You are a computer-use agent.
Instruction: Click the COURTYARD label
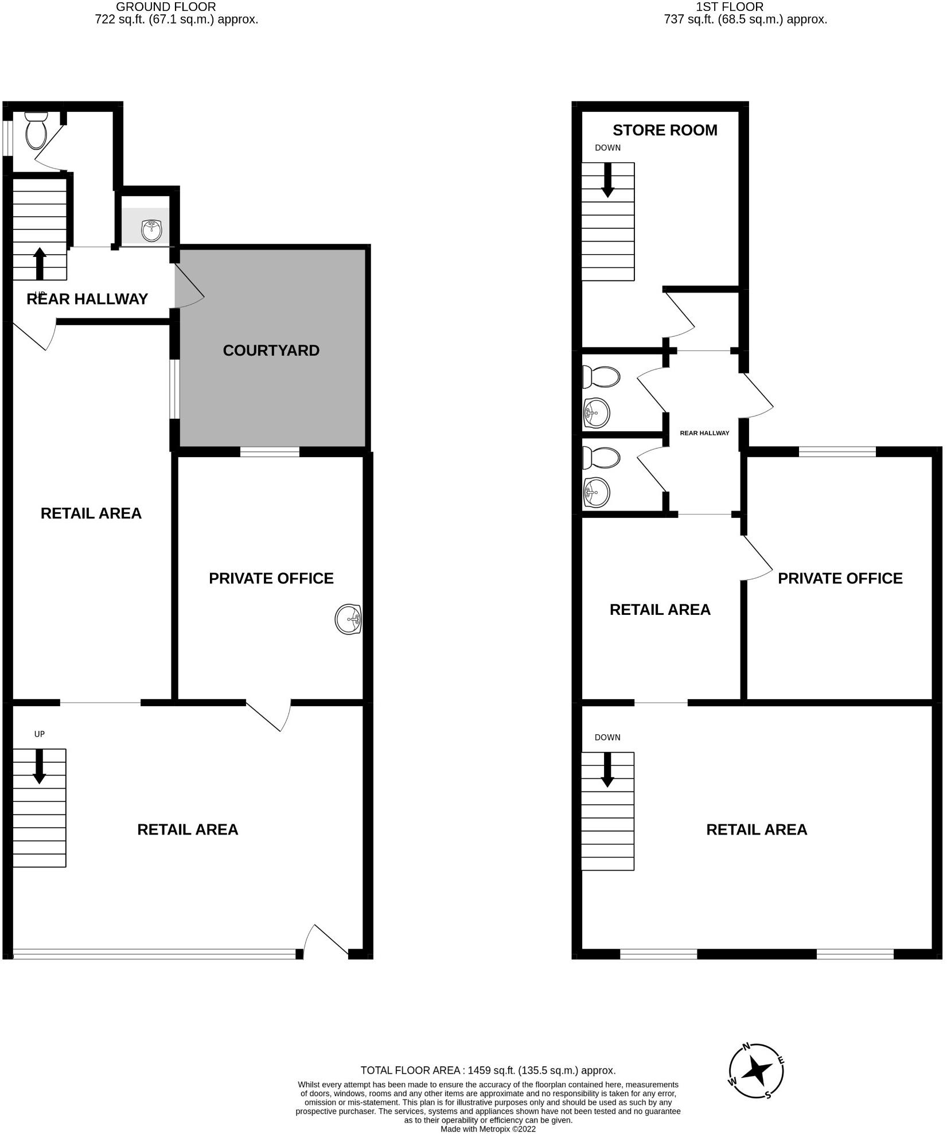coord(271,350)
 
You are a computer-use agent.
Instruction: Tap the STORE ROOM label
coord(665,130)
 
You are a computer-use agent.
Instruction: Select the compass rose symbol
coord(757,1070)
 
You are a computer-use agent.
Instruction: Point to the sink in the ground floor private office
coord(348,619)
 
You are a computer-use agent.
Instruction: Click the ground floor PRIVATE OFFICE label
coord(271,578)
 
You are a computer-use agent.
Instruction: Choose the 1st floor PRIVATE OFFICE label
coord(840,578)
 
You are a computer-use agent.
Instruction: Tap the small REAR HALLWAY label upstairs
coord(704,433)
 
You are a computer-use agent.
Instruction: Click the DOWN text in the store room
coord(607,148)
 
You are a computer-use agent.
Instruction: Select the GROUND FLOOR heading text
coord(166,7)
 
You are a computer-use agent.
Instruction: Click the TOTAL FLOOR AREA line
coord(488,1070)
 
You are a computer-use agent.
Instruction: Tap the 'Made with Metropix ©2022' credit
coord(488,1129)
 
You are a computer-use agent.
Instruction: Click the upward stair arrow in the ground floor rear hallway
coord(40,263)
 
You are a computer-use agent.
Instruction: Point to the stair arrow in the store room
coord(607,180)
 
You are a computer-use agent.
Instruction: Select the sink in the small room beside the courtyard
coord(151,231)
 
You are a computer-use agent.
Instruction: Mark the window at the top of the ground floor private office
coord(270,452)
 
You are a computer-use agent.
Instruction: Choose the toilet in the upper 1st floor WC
coord(601,377)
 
